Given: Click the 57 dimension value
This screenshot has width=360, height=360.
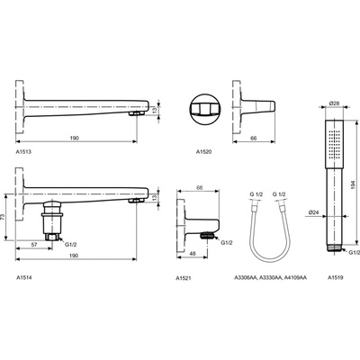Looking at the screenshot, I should pos(32,245).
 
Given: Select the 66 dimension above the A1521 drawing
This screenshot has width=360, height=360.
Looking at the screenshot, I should pos(201,189).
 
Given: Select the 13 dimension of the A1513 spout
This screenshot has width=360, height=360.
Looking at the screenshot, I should pos(156,110).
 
